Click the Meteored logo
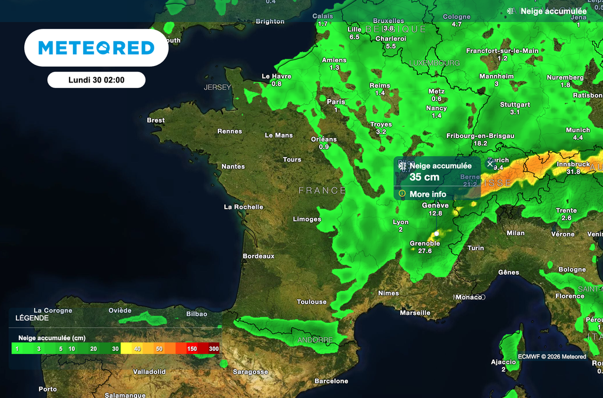[x=96, y=48]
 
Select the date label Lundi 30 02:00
[x=96, y=80]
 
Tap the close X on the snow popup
[x=490, y=164]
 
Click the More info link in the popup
[x=428, y=194]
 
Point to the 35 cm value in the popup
[x=424, y=177]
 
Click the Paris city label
[x=336, y=101]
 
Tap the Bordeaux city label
[x=259, y=256]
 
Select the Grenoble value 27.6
[x=425, y=251]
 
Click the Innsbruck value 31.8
[x=573, y=172]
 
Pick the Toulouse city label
[x=312, y=302]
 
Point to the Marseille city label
[x=415, y=313]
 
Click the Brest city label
[x=155, y=120]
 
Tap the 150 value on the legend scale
[x=193, y=349]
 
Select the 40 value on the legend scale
[x=138, y=349]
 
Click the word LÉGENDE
[x=32, y=317]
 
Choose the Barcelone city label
[x=331, y=381]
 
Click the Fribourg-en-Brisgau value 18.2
[x=480, y=143]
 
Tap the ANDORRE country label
[x=316, y=340]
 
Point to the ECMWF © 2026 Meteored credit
[x=552, y=357]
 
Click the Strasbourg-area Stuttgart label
[x=515, y=104]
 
